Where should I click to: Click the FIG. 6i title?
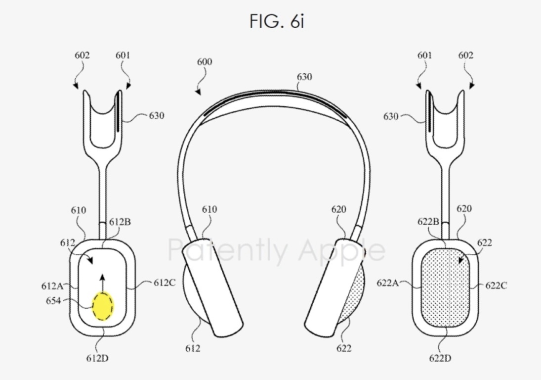pyautogui.click(x=277, y=21)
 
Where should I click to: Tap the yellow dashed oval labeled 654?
pyautogui.click(x=102, y=306)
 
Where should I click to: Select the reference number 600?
pyautogui.click(x=205, y=62)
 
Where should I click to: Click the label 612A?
pyautogui.click(x=52, y=286)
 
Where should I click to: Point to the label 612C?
pyautogui.click(x=165, y=283)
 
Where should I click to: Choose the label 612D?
pyautogui.click(x=97, y=358)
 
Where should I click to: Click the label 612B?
pyautogui.click(x=120, y=222)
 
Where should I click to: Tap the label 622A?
pyautogui.click(x=388, y=283)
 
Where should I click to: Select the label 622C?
pyautogui.click(x=496, y=285)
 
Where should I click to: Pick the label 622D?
pyautogui.click(x=440, y=358)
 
